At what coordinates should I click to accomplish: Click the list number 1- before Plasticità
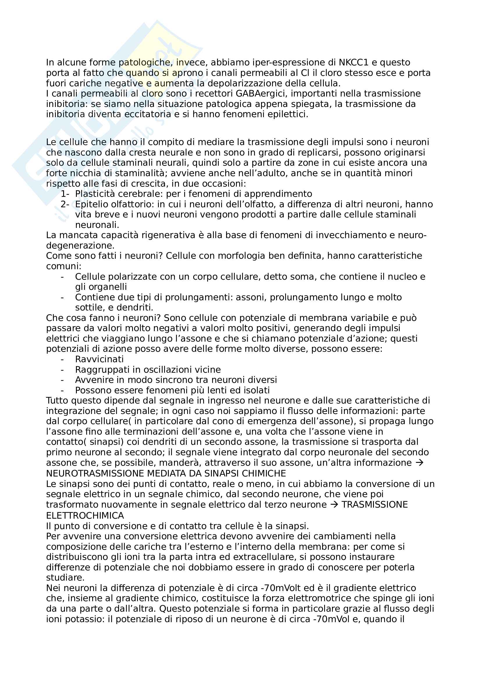pyautogui.click(x=65, y=194)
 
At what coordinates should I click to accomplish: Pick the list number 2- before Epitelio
pyautogui.click(x=65, y=204)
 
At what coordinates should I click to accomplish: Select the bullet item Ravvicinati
pyautogui.click(x=99, y=359)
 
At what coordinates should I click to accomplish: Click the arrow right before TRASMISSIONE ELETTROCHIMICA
pyautogui.click(x=334, y=505)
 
